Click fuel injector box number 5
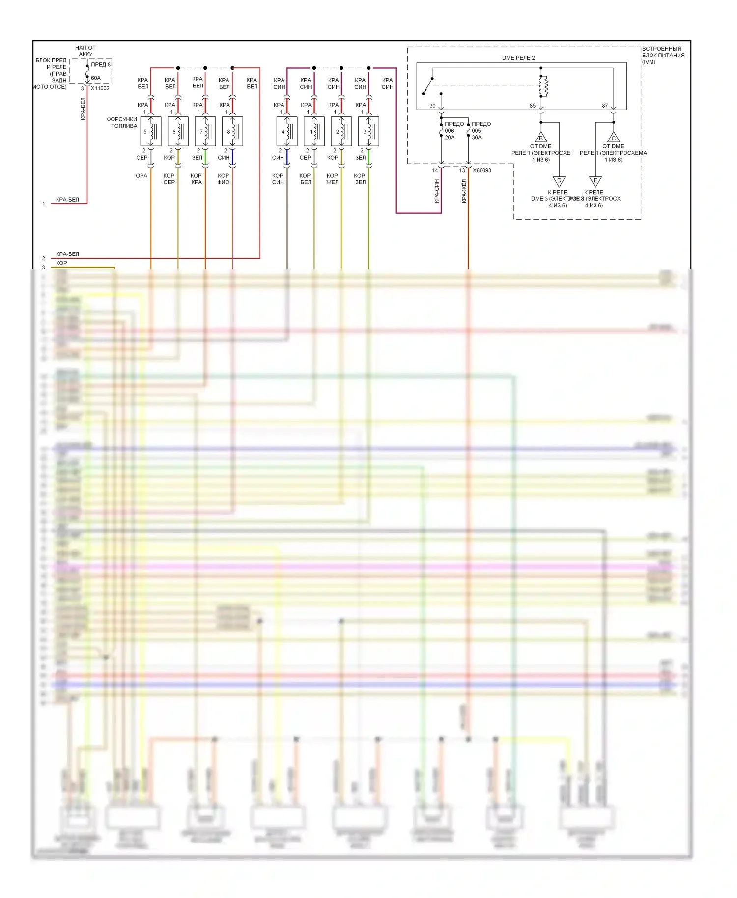point(150,131)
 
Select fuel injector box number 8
point(232,131)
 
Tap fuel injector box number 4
point(287,131)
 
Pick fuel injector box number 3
point(368,131)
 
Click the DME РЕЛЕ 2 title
point(518,58)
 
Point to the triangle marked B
point(541,137)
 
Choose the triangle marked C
point(613,137)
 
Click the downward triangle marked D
point(559,181)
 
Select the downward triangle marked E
point(595,181)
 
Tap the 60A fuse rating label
point(96,78)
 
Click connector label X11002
point(100,88)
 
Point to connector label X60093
point(482,170)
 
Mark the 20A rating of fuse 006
point(450,138)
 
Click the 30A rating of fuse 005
point(477,138)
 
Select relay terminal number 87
point(605,106)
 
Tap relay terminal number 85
point(533,106)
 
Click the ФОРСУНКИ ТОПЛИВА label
point(122,122)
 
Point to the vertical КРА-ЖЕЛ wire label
point(464,191)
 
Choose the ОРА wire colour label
point(142,175)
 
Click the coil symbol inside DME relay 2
point(543,86)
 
